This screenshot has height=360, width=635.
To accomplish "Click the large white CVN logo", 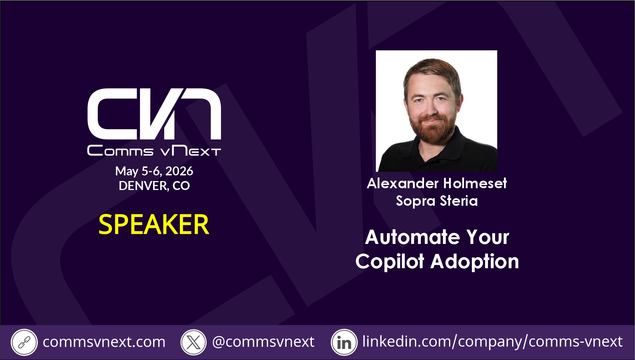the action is coord(154,114).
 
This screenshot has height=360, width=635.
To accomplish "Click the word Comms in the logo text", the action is coord(120,151).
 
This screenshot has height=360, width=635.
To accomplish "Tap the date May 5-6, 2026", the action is coord(154,171).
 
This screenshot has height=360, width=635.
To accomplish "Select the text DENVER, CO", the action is coord(154,186).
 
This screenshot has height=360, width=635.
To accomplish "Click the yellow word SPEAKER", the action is coord(154,225).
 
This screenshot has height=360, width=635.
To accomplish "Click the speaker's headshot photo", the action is coord(437,111).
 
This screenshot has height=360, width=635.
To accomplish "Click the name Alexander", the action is coord(403,183).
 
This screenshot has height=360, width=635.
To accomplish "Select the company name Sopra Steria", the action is coord(437,201).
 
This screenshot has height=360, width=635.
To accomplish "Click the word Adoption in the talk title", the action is coord(475,261).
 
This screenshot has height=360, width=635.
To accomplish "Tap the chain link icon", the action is coord(24,342).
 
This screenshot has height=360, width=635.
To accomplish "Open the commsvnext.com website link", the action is coord(104,342).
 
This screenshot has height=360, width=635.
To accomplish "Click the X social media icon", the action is coord(193,342).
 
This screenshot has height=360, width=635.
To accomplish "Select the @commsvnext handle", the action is coord(263,342).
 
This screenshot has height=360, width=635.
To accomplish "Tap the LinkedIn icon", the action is coord(344,342).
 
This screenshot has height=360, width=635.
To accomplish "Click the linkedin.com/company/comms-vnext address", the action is coord(493,342).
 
